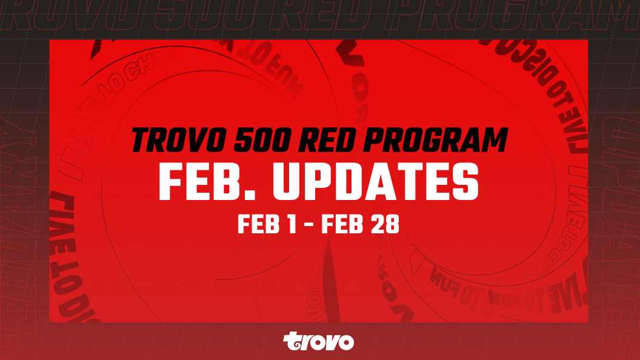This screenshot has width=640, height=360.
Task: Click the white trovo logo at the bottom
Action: (x=319, y=341)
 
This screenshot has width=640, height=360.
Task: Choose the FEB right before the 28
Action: (x=344, y=225)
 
